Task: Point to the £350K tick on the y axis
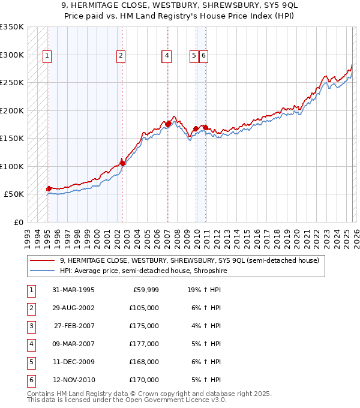(11, 27)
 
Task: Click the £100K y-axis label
(11, 166)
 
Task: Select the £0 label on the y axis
(18, 222)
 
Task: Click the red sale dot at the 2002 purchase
(122, 163)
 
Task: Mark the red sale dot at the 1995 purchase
(49, 188)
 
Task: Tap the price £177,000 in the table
(144, 344)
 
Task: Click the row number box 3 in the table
(30, 326)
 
